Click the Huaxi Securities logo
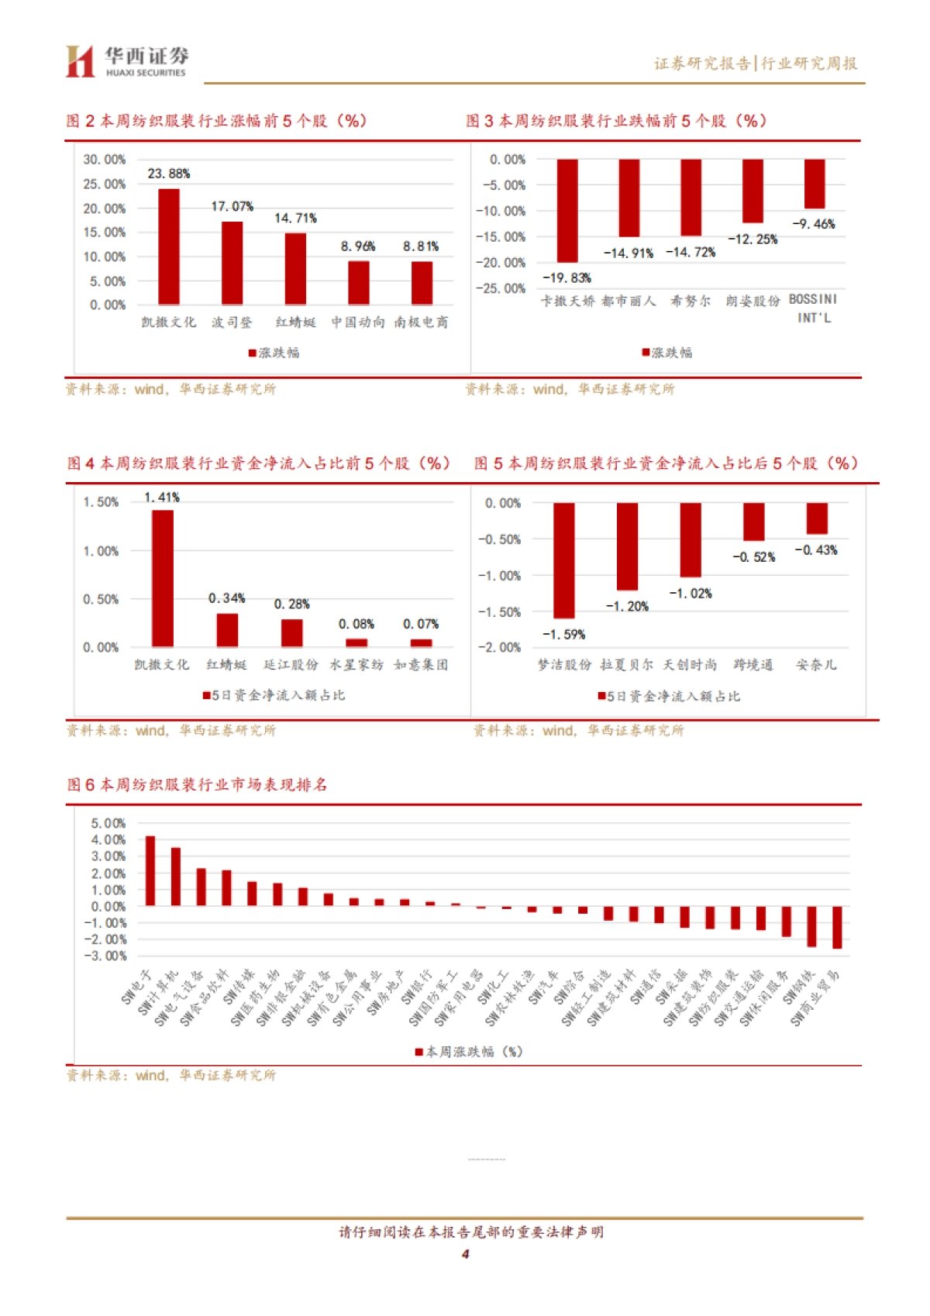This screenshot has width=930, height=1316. coord(126,61)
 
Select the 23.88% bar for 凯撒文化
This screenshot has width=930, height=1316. coord(169,246)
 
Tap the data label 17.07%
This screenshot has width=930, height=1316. coord(232,206)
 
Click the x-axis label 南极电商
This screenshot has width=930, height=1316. coord(421,322)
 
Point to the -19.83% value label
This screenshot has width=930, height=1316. coord(567,277)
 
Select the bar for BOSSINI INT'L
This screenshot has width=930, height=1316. coord(814,184)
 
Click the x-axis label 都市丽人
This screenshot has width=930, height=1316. coord(629,301)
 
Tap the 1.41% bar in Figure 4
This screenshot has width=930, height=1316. coord(163,578)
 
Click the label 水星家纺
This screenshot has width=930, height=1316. coord(356,665)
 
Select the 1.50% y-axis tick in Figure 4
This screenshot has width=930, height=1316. coord(101,502)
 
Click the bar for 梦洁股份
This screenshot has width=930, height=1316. coord(564,560)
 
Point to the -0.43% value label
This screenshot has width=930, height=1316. coord(816,550)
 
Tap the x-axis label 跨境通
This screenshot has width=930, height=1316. coord(753,665)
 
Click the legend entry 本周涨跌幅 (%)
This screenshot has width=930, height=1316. coord(469,1052)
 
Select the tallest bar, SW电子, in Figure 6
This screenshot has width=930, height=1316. coord(150,871)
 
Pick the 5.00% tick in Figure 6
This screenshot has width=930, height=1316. coord(108,823)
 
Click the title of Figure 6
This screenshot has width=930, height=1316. coord(197,785)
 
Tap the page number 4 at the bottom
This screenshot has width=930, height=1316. coord(465,1254)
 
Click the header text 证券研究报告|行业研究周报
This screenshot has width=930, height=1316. coord(755,64)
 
